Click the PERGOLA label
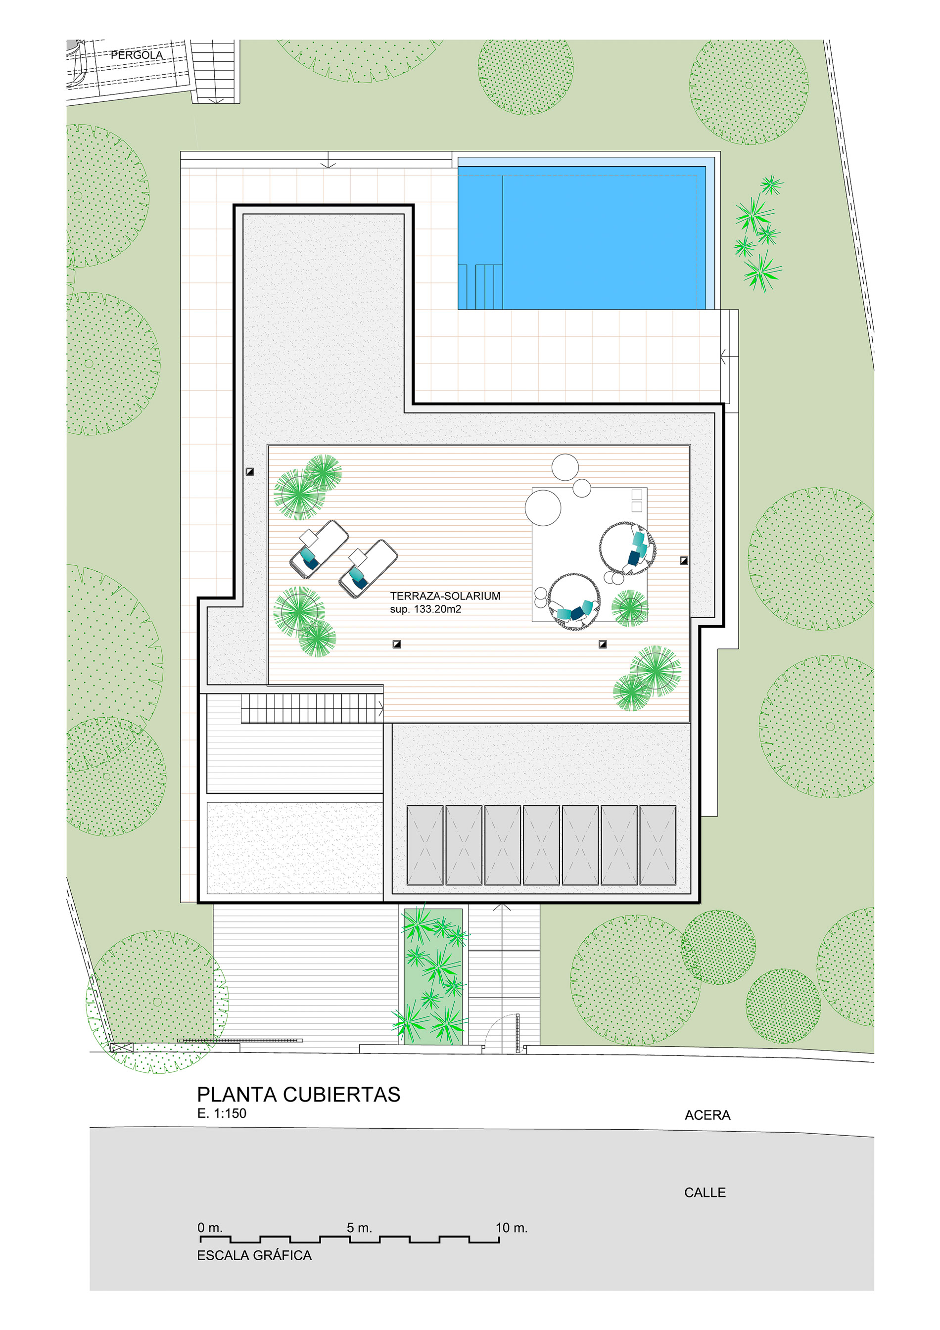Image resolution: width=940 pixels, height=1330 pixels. tap(137, 55)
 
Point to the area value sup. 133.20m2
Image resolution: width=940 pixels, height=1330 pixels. tap(425, 609)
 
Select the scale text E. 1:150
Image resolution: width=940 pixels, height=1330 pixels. tap(222, 1113)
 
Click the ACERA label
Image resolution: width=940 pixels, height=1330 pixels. tap(707, 1115)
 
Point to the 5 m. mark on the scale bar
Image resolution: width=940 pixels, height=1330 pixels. tap(359, 1228)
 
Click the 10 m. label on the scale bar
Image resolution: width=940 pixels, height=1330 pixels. tap(511, 1228)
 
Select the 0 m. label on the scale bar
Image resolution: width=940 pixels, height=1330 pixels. tap(210, 1228)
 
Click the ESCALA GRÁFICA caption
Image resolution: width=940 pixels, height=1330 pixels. tap(254, 1255)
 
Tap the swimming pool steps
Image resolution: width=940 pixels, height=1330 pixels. tap(480, 287)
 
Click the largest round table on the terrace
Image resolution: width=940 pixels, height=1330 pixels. tap(543, 507)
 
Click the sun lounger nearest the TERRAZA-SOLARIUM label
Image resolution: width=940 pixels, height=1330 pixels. tap(368, 568)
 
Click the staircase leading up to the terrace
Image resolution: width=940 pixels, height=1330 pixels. tap(312, 708)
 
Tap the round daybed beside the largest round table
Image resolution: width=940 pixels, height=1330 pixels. tap(628, 548)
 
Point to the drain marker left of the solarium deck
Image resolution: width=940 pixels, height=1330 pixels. tap(250, 471)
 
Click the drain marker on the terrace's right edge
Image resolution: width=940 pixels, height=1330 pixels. tap(684, 561)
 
